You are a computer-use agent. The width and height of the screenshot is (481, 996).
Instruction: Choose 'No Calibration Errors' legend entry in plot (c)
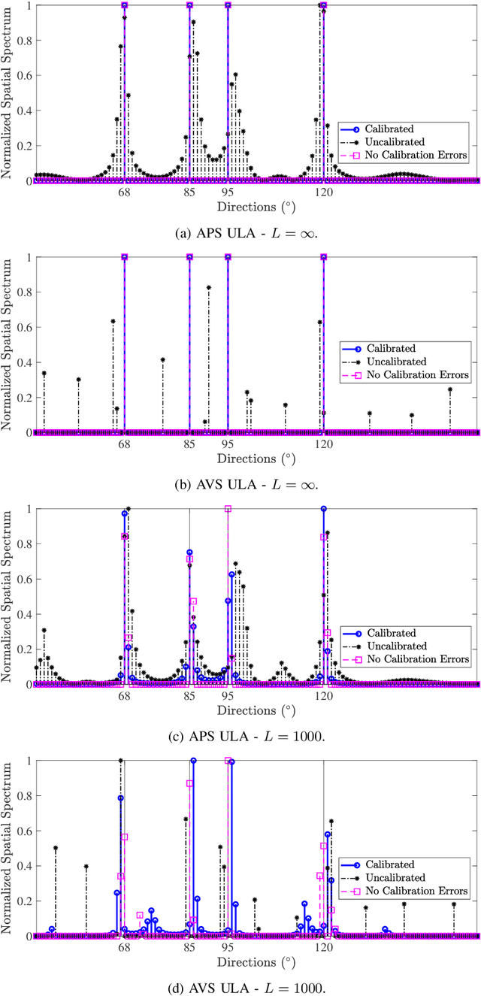tap(417, 658)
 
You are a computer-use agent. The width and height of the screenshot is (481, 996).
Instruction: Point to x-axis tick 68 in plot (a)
tap(124, 192)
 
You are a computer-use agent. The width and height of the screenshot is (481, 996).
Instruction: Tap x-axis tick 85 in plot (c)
tap(189, 696)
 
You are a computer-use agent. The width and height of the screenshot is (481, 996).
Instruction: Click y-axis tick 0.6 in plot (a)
tap(23, 75)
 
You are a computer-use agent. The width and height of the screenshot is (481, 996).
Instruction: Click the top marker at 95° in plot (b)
tap(228, 257)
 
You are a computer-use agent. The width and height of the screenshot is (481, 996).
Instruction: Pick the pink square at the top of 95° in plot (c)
tap(228, 509)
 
